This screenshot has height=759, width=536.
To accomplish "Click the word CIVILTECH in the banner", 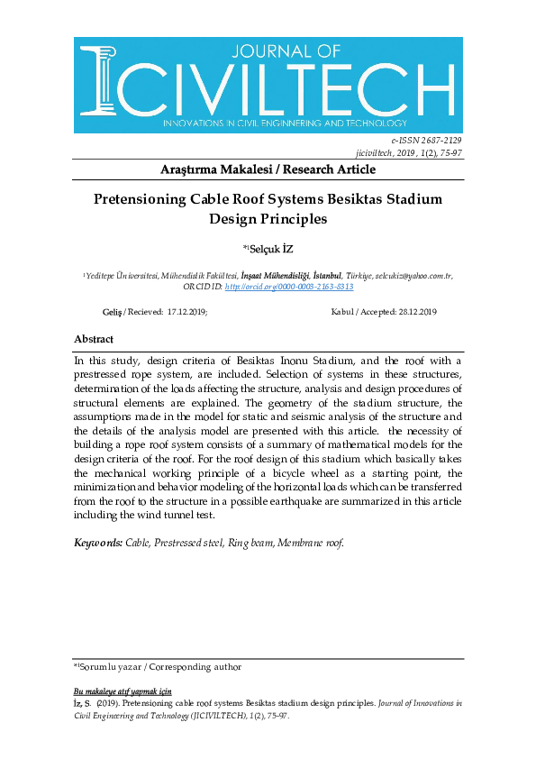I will (287, 88).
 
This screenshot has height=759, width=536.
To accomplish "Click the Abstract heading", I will (94, 340).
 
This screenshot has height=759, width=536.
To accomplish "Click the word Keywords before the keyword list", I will (98, 543).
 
